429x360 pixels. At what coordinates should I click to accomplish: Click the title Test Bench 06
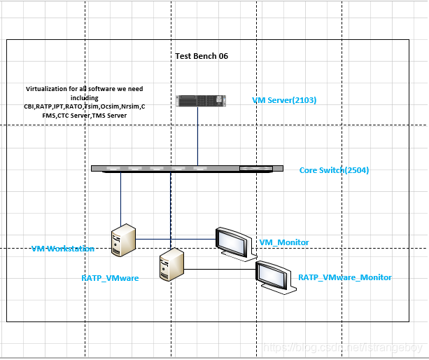(x=202, y=56)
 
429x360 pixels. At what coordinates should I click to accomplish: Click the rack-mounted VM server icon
(x=202, y=101)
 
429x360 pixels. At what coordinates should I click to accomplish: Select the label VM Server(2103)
(x=284, y=100)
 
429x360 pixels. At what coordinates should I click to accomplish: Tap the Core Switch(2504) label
(x=334, y=170)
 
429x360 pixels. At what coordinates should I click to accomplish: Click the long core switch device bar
(x=187, y=168)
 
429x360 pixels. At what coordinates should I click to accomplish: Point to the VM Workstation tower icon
(x=122, y=240)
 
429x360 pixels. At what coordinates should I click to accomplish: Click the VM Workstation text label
(x=63, y=249)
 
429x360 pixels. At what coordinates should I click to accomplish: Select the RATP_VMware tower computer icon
(x=171, y=265)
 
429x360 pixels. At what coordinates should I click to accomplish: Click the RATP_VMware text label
(x=110, y=278)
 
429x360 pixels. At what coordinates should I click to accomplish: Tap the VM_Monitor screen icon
(x=232, y=242)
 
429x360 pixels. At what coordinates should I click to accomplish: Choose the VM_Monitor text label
(x=284, y=242)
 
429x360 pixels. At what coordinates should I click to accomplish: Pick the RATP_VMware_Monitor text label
(x=345, y=277)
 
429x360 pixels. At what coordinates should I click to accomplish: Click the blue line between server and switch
(x=197, y=137)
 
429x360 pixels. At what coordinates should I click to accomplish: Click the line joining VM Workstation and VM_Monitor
(x=175, y=239)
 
